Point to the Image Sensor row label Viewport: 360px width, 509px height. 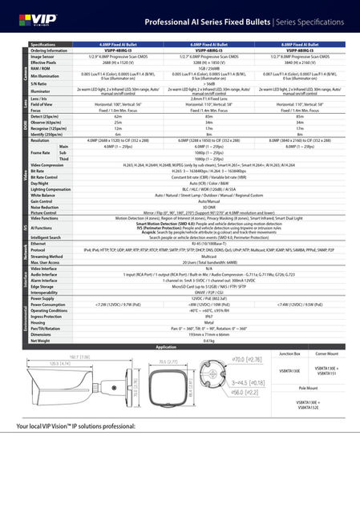pos(43,57)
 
